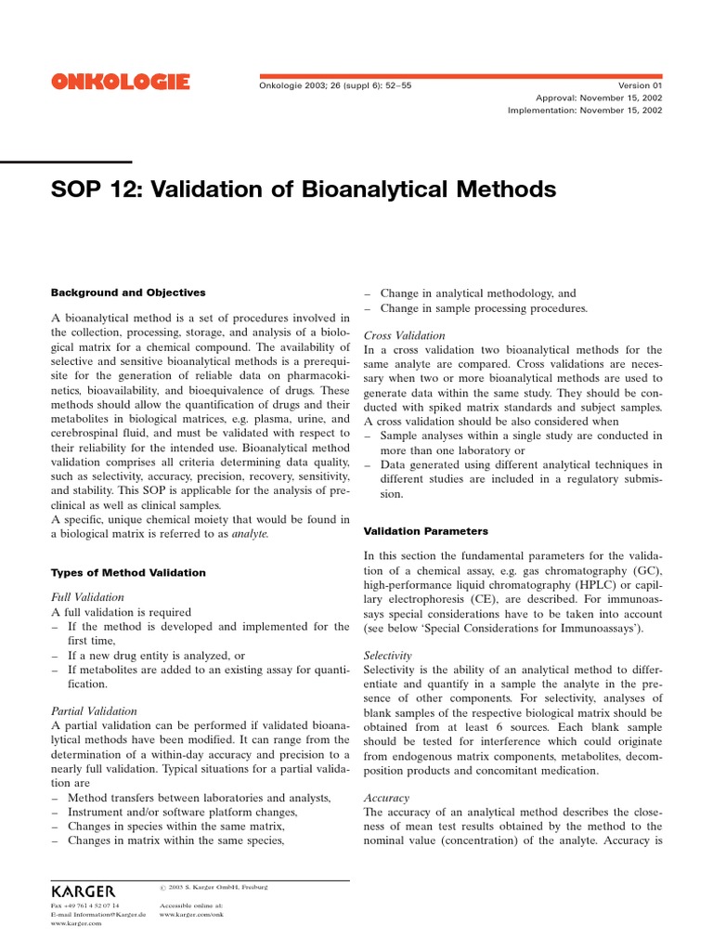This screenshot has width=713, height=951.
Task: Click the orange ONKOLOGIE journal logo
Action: coord(121,84)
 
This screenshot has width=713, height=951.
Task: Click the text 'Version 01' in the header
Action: coord(638,85)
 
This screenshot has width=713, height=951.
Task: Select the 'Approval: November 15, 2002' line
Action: coord(599,97)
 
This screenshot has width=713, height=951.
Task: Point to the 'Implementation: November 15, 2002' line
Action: coord(585,110)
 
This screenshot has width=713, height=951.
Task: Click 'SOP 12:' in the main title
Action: coord(92,189)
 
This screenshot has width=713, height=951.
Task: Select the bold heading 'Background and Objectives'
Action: coord(128,293)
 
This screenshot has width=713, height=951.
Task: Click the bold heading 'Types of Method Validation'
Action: coord(128,572)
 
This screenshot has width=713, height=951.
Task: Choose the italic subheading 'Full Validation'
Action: coord(87,597)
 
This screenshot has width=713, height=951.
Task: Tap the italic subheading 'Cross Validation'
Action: coord(404,335)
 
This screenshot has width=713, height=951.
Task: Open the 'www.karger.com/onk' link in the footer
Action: coord(191,914)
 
